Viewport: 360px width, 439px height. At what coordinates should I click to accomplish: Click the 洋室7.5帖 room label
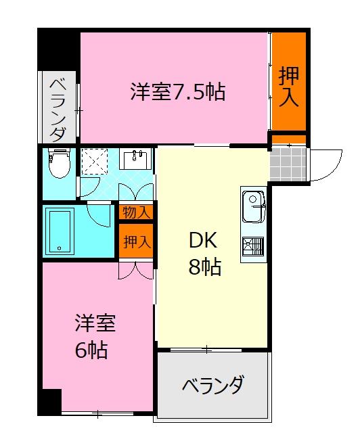(x=177, y=91)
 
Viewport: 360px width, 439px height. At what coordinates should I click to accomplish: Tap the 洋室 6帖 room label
(x=94, y=336)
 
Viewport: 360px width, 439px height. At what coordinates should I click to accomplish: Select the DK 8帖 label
(x=204, y=253)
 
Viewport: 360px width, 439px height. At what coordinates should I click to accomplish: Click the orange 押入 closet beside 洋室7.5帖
(x=289, y=85)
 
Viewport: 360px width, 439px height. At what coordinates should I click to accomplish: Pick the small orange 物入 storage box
(x=137, y=212)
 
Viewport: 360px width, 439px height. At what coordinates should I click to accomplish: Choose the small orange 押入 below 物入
(x=137, y=241)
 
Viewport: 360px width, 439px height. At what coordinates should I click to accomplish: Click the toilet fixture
(x=60, y=163)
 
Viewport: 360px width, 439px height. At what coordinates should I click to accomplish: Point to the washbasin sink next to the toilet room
(x=137, y=160)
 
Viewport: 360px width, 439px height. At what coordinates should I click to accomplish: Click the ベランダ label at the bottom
(x=212, y=386)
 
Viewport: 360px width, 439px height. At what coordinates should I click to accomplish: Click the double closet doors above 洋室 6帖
(x=137, y=269)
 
